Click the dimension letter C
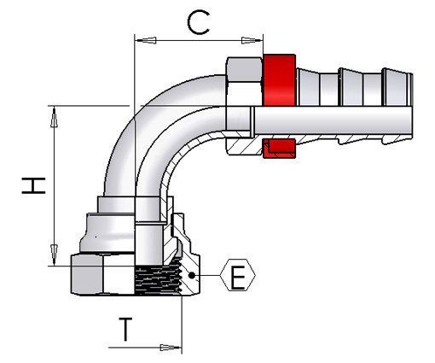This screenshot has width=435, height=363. click(x=198, y=24)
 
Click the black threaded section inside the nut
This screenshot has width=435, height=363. click(x=158, y=278)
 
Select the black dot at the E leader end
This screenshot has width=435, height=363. click(x=195, y=275)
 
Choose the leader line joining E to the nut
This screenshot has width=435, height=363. click(x=208, y=275)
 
